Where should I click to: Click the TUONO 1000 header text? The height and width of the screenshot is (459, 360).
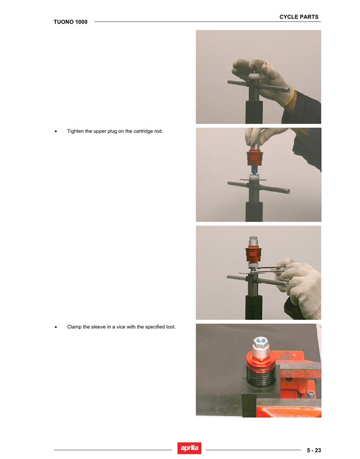(x=71, y=22)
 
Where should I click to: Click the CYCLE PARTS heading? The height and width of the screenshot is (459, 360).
(x=299, y=17)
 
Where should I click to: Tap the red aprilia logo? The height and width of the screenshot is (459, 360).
(x=189, y=448)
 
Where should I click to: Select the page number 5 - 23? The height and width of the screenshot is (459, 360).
(x=314, y=450)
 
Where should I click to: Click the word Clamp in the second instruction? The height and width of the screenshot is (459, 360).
(x=74, y=327)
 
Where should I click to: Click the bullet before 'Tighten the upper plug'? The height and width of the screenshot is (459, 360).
(x=56, y=131)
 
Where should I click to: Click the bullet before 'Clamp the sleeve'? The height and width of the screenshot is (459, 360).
(x=56, y=327)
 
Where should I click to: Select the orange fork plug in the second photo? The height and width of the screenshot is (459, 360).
(x=254, y=158)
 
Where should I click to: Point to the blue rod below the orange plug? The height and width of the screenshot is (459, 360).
(x=254, y=170)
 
